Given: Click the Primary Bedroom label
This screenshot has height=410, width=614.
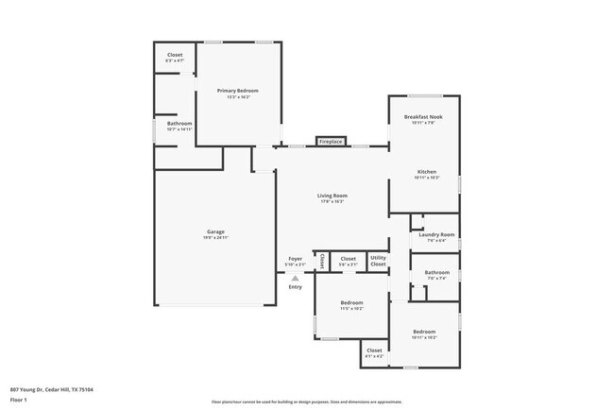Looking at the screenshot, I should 237,91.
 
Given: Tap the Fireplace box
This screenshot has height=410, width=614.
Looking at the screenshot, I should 330,141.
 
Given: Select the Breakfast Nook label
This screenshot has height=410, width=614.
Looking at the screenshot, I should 424,116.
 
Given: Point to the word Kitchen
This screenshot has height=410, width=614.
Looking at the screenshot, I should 427,172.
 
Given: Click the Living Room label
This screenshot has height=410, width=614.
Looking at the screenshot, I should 332,196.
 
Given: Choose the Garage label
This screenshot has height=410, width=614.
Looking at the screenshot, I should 216,231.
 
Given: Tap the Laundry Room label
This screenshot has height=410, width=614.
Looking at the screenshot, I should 436,234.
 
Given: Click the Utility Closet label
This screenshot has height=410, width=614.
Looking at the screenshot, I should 378,261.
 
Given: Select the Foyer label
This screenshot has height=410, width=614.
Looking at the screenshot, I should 296,259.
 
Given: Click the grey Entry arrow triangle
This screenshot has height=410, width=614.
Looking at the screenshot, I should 296,277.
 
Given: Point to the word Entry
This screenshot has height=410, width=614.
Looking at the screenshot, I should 296,287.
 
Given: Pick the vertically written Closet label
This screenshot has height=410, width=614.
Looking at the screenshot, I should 321,261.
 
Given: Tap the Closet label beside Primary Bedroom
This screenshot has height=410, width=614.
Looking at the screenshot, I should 175,56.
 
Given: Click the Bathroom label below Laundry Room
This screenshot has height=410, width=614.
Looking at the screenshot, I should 436,273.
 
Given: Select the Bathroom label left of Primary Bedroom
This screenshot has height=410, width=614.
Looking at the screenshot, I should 179,124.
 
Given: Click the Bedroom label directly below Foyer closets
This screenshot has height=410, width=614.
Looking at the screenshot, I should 337,303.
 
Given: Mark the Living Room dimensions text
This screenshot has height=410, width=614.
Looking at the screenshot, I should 332,201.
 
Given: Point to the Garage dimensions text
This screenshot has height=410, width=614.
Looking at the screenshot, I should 216,237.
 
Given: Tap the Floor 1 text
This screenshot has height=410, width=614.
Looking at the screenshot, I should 20,401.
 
